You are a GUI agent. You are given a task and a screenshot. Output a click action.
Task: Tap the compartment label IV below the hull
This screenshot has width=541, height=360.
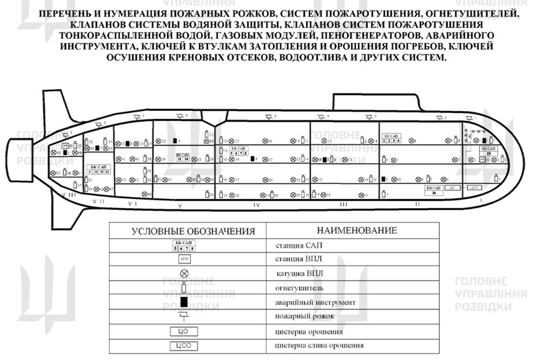[x=256, y=205]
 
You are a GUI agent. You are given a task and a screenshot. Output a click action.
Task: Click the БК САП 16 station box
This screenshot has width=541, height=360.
[x=434, y=190]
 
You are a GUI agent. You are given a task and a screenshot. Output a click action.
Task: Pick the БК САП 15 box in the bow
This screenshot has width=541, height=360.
[x=489, y=151]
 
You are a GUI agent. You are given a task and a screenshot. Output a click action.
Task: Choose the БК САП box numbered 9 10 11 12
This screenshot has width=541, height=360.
[x=100, y=169]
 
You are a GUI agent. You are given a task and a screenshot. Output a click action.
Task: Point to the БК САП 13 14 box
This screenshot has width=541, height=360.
[x=183, y=157]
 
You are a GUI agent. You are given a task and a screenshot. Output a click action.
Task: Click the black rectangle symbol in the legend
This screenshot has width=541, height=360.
[x=184, y=302]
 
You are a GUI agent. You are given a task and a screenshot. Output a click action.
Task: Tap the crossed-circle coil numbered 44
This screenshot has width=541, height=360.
[x=144, y=194]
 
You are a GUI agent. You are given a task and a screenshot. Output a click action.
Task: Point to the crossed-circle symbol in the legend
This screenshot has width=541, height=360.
[x=184, y=274]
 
